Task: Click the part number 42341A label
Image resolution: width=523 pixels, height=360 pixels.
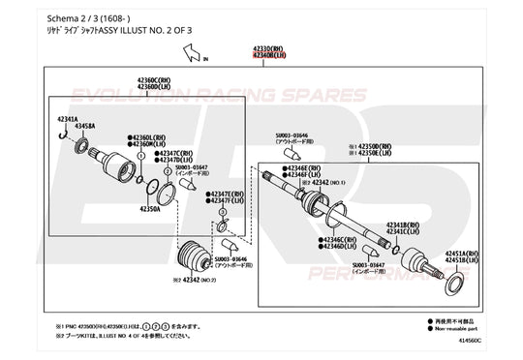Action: (69, 118)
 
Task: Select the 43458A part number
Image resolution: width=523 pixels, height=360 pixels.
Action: (85, 126)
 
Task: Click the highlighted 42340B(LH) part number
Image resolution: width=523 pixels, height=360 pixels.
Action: (268, 56)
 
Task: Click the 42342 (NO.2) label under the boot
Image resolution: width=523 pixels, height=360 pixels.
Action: (186, 279)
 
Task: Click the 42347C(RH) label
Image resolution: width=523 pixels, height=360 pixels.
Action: (179, 153)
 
